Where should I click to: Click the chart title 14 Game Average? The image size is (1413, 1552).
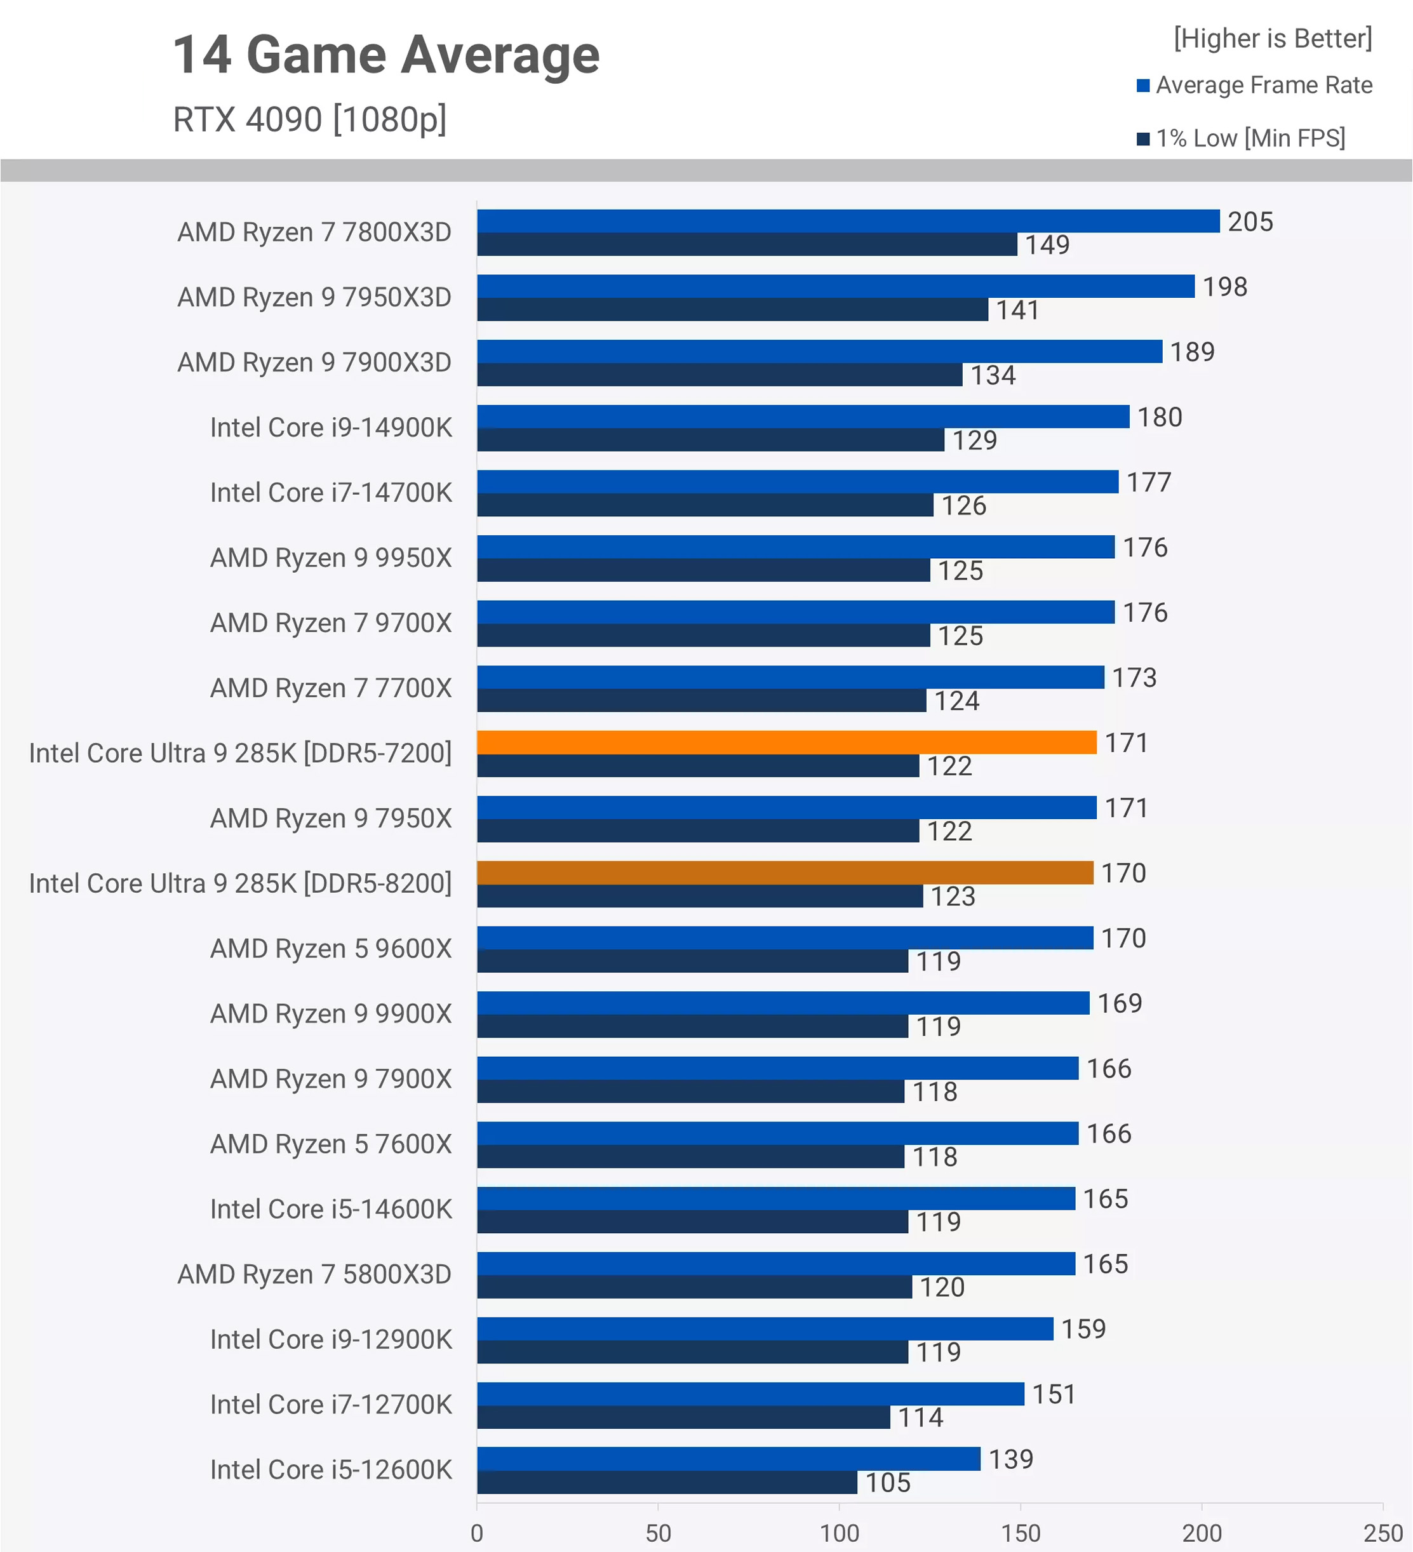point(385,55)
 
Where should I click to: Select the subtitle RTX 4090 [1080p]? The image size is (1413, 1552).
point(309,119)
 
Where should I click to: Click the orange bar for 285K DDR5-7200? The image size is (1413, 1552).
point(786,742)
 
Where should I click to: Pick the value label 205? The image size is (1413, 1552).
point(1250,222)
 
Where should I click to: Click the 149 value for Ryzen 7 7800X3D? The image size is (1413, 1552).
point(1047,245)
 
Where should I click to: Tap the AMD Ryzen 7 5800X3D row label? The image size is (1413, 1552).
point(314,1274)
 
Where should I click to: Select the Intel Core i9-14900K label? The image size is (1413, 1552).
point(331,427)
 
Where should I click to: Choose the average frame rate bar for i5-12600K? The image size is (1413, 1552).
point(728,1458)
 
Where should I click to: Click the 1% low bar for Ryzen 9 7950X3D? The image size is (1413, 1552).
point(732,309)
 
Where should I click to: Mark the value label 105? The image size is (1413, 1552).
point(887,1483)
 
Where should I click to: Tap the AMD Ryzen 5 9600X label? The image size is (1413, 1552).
point(331,949)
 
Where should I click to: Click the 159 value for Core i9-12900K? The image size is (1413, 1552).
point(1083,1328)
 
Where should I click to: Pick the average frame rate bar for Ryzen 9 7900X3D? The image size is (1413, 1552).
point(819,351)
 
